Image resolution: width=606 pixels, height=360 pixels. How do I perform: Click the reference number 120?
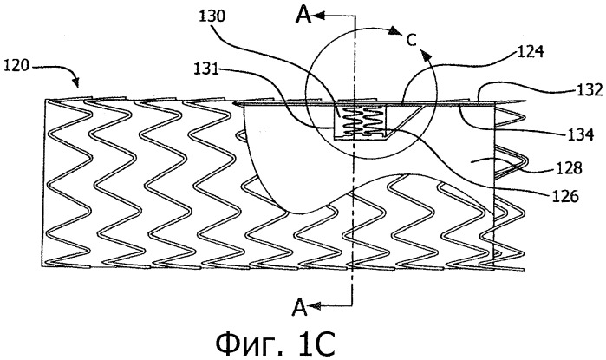point(16,66)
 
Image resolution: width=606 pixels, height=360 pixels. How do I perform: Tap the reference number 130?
point(212,16)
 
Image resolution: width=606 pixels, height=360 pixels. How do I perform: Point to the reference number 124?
point(531,52)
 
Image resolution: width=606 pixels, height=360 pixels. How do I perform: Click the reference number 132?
point(590,89)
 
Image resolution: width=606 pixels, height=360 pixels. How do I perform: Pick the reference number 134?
point(581,134)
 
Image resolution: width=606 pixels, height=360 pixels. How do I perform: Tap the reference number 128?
point(569,167)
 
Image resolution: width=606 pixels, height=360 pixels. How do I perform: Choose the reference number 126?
point(565,196)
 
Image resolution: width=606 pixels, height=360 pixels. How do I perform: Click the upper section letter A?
point(303,15)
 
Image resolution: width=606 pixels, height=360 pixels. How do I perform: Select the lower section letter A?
point(300,307)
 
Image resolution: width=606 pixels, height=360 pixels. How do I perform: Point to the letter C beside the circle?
point(412,40)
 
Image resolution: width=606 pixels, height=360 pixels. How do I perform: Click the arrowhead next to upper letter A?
point(319,16)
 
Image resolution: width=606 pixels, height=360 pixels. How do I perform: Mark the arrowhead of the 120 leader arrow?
point(76,82)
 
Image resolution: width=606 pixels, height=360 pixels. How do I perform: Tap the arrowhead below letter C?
point(426,56)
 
